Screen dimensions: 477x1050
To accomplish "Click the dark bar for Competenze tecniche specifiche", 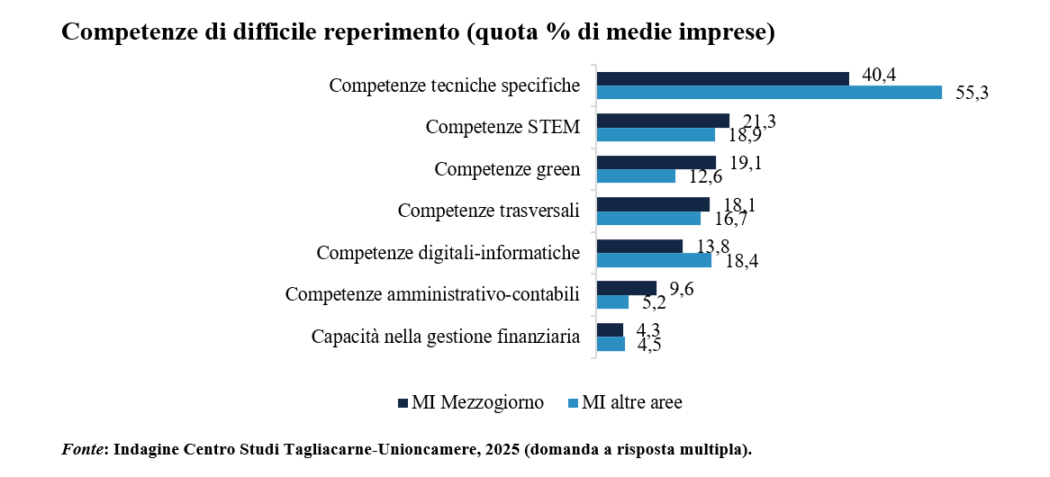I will (722, 78).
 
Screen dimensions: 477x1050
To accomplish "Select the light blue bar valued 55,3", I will (769, 93).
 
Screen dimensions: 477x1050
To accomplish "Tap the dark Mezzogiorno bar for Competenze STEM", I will (663, 121).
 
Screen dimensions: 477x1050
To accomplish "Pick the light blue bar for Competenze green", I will (636, 176).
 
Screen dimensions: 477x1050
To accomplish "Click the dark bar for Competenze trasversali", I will (653, 204).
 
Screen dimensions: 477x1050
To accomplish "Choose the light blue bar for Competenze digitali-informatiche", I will (654, 260).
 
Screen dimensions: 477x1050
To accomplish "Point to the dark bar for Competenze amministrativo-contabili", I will (627, 288).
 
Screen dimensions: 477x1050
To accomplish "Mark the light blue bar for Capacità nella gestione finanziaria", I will (611, 344).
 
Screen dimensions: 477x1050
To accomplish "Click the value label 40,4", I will (879, 76).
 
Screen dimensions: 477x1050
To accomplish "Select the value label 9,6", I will (681, 290).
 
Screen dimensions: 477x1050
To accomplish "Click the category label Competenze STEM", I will (502, 127).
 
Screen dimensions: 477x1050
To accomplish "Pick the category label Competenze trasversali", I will (488, 211).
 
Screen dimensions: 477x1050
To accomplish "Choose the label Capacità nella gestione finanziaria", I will (445, 337).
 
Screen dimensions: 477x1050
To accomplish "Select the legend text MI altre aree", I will (631, 402).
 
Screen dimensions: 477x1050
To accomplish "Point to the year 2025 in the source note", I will (492, 448).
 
